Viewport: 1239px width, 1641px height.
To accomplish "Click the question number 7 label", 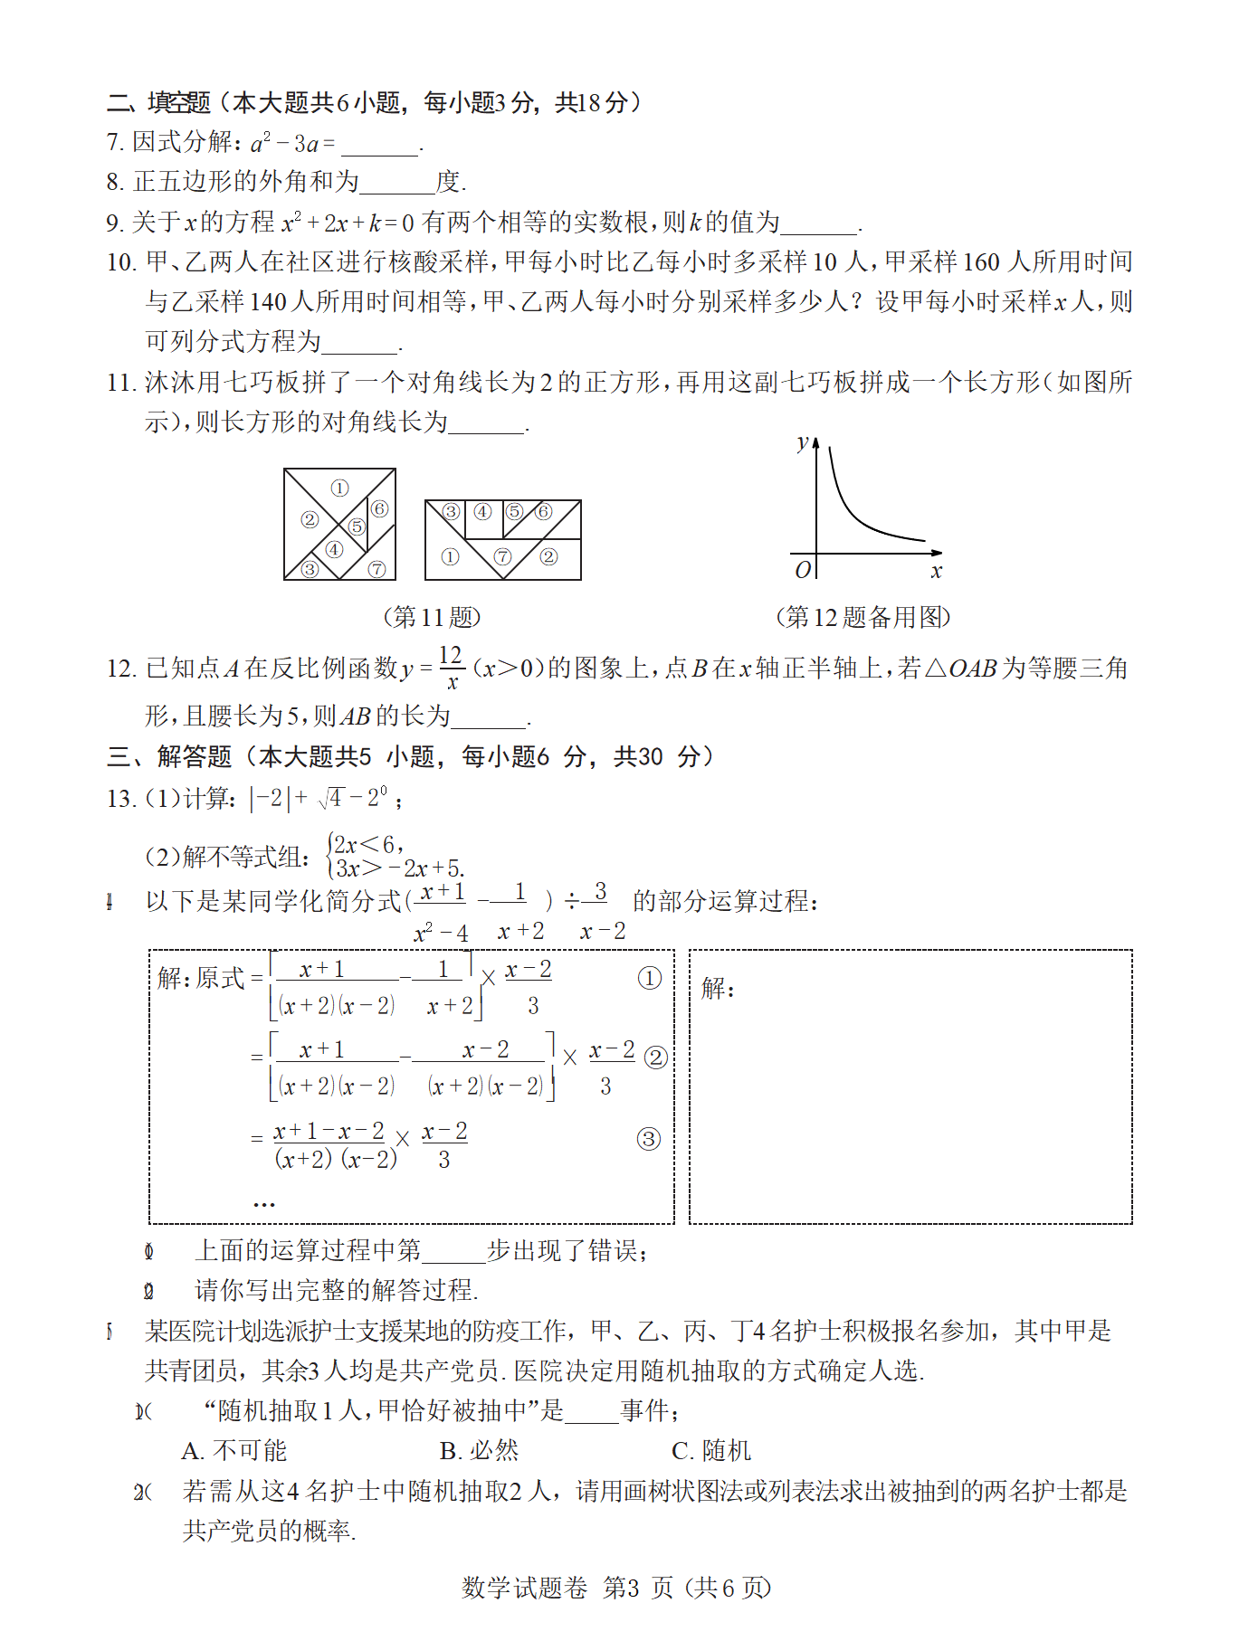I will pyautogui.click(x=116, y=143).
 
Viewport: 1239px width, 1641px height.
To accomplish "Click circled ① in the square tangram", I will pyautogui.click(x=339, y=489).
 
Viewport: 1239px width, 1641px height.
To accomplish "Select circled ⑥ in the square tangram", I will pyautogui.click(x=379, y=509).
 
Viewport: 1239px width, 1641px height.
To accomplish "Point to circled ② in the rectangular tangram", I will pyautogui.click(x=548, y=556).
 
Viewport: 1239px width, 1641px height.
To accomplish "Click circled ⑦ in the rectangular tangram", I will pyautogui.click(x=502, y=556).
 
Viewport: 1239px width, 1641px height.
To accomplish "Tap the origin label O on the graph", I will pyautogui.click(x=802, y=570).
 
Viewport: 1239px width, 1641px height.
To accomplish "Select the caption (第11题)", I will pyautogui.click(x=432, y=617).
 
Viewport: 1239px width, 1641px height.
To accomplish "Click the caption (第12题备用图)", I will pyautogui.click(x=863, y=617).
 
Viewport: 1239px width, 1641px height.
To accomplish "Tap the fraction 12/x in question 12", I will pyautogui.click(x=451, y=668).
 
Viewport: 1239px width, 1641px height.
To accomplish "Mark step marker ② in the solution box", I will pyautogui.click(x=655, y=1058).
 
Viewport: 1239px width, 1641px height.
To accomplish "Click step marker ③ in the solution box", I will pyautogui.click(x=648, y=1139).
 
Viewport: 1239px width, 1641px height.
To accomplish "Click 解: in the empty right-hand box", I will pyautogui.click(x=718, y=988).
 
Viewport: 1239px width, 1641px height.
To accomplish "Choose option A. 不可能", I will pyautogui.click(x=234, y=1451).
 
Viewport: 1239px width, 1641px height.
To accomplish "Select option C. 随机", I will pyautogui.click(x=711, y=1451).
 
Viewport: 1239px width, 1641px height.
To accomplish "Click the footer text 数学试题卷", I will pyautogui.click(x=524, y=1588).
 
